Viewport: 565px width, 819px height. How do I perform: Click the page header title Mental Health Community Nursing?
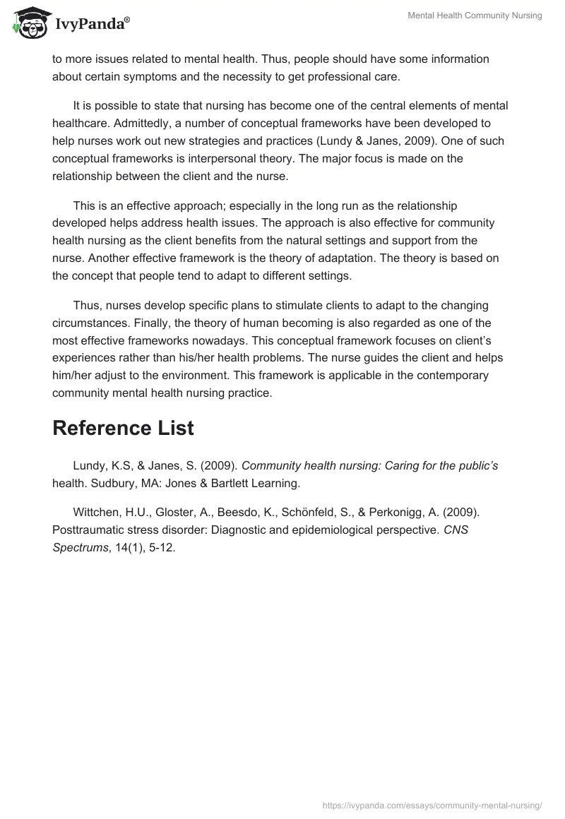pos(475,16)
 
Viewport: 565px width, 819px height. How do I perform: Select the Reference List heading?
pos(123,428)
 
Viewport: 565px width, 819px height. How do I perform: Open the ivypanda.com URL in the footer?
pos(432,804)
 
